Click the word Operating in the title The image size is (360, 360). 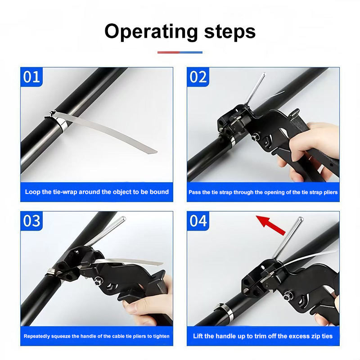(x=151, y=32)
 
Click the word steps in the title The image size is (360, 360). (x=230, y=32)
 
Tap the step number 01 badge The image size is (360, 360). (x=31, y=76)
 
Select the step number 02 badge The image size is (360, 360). (x=198, y=76)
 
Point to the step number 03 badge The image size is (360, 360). (x=31, y=220)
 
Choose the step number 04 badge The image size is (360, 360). (x=198, y=220)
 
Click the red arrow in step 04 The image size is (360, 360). (x=271, y=225)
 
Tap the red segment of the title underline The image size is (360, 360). (x=168, y=52)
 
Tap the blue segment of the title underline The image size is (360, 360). (x=191, y=52)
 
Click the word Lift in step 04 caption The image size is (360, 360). (x=198, y=336)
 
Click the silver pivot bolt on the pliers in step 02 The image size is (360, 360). (x=254, y=138)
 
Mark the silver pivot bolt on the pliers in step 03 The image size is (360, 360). (x=98, y=280)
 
